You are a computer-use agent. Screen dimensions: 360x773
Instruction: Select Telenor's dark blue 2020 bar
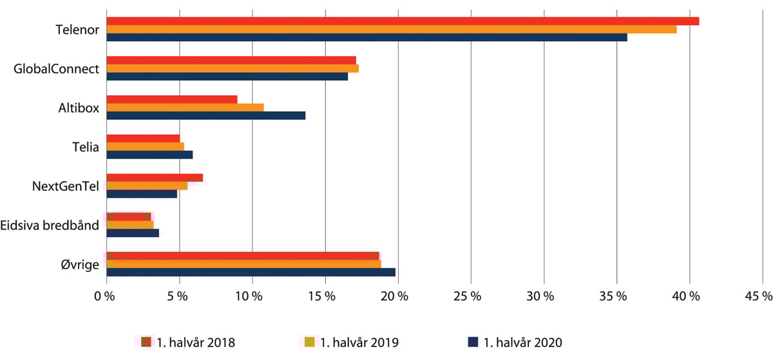point(367,37)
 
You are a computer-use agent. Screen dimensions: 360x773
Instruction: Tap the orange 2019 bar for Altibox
point(185,107)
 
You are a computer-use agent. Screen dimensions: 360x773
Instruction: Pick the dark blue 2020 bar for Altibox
point(205,115)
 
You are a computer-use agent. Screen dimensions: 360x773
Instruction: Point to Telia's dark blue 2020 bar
point(149,155)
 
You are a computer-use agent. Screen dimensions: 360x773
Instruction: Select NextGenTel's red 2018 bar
point(155,178)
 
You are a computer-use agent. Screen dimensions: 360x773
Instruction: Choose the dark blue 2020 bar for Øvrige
point(251,272)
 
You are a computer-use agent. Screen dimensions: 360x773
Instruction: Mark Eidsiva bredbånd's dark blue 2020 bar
point(132,233)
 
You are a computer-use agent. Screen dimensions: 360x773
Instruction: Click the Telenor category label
point(77,30)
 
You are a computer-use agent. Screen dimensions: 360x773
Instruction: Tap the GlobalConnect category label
point(57,69)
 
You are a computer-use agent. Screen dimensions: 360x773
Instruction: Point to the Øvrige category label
point(82,264)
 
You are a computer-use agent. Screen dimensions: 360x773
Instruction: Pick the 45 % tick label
point(758,297)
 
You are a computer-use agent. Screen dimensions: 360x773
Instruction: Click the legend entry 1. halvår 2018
point(188,342)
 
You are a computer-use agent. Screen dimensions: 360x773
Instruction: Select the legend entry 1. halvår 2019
point(352,342)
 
